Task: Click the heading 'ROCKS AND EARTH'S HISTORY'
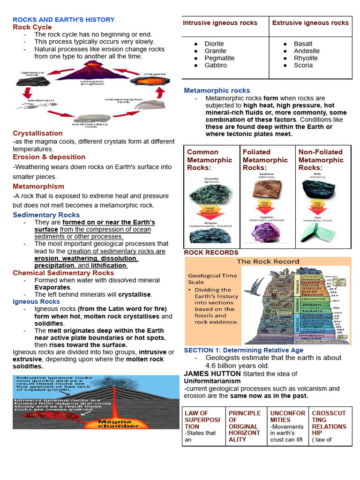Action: (63, 20)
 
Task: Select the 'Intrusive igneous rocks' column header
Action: (220, 23)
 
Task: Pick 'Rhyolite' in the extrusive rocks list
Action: (306, 58)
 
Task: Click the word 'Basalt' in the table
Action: (303, 44)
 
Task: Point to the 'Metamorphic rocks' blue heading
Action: (217, 90)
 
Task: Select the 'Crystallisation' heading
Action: (37, 134)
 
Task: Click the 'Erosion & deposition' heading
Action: (49, 157)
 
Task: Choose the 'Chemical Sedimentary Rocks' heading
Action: (63, 273)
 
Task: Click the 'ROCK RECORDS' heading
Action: (211, 253)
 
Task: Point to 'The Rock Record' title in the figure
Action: (268, 262)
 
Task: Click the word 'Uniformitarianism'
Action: (212, 381)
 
